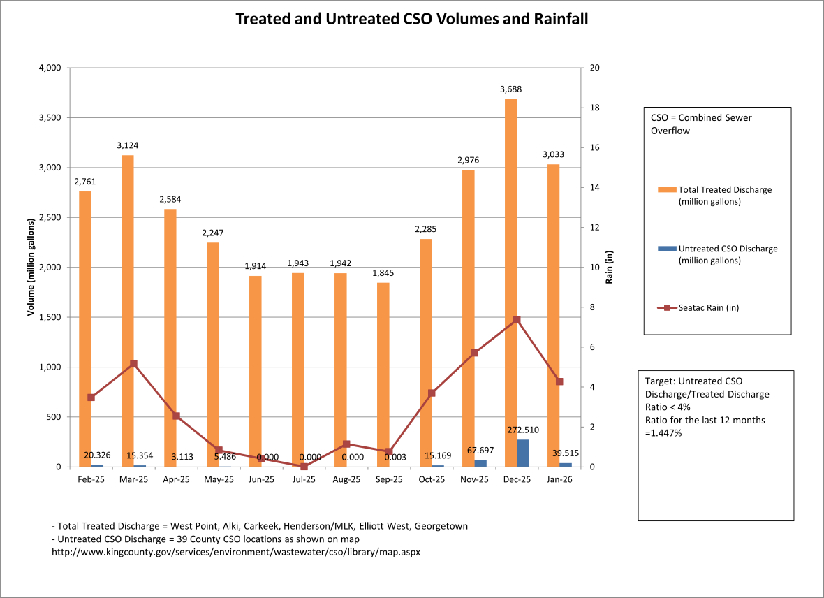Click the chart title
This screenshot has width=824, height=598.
[x=411, y=19]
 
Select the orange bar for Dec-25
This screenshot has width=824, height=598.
[x=511, y=279]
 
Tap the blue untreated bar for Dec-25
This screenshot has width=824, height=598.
[x=523, y=453]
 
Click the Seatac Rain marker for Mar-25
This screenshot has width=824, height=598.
[x=133, y=364]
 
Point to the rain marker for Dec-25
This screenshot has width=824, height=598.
[x=517, y=320]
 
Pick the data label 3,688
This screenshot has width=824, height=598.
[x=510, y=89]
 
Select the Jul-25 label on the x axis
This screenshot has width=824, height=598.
[x=304, y=480]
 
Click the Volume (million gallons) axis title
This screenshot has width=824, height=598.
[x=31, y=268]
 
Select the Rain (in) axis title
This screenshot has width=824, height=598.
[x=609, y=268]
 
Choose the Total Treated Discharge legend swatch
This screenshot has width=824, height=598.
[x=667, y=190]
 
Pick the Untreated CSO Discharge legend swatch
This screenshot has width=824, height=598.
[x=667, y=249]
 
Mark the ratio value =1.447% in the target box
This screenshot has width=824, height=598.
[x=663, y=433]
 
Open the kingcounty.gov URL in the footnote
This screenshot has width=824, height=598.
[x=236, y=552]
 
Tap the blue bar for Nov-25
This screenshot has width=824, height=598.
[x=480, y=463]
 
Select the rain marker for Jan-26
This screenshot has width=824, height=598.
[x=559, y=381]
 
